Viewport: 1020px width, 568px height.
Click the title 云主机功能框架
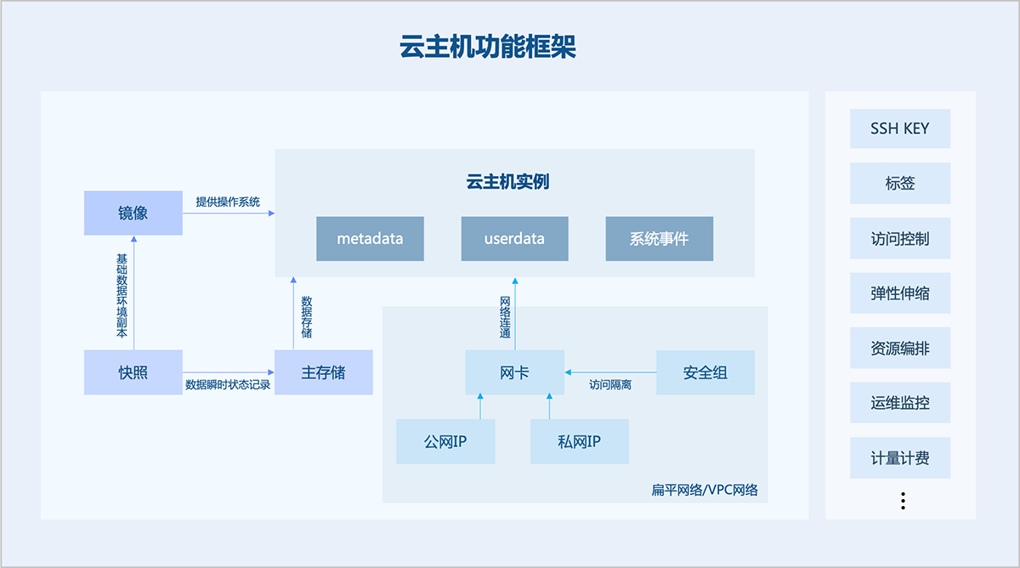[488, 47]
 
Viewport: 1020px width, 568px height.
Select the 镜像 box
[133, 213]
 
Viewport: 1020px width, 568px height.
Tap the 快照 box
[133, 372]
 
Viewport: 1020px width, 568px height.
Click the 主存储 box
[324, 372]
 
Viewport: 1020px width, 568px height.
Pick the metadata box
[370, 239]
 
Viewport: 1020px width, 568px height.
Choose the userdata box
[514, 239]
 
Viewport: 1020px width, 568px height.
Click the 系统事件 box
[659, 239]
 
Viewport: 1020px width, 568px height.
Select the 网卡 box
[514, 372]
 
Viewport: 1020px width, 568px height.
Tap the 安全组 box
[705, 372]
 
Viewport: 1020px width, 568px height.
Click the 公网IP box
[445, 441]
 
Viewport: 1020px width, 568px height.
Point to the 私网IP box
[580, 441]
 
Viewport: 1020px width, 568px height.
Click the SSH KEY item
[900, 129]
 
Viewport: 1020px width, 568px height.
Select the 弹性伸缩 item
[900, 293]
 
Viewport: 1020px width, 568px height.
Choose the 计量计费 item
[900, 458]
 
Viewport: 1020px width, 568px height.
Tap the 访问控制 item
[900, 239]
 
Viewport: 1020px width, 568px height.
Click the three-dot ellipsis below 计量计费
[903, 501]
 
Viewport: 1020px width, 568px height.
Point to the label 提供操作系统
[228, 202]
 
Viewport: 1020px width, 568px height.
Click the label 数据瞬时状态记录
[228, 385]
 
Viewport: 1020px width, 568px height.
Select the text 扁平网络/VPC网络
[705, 491]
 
